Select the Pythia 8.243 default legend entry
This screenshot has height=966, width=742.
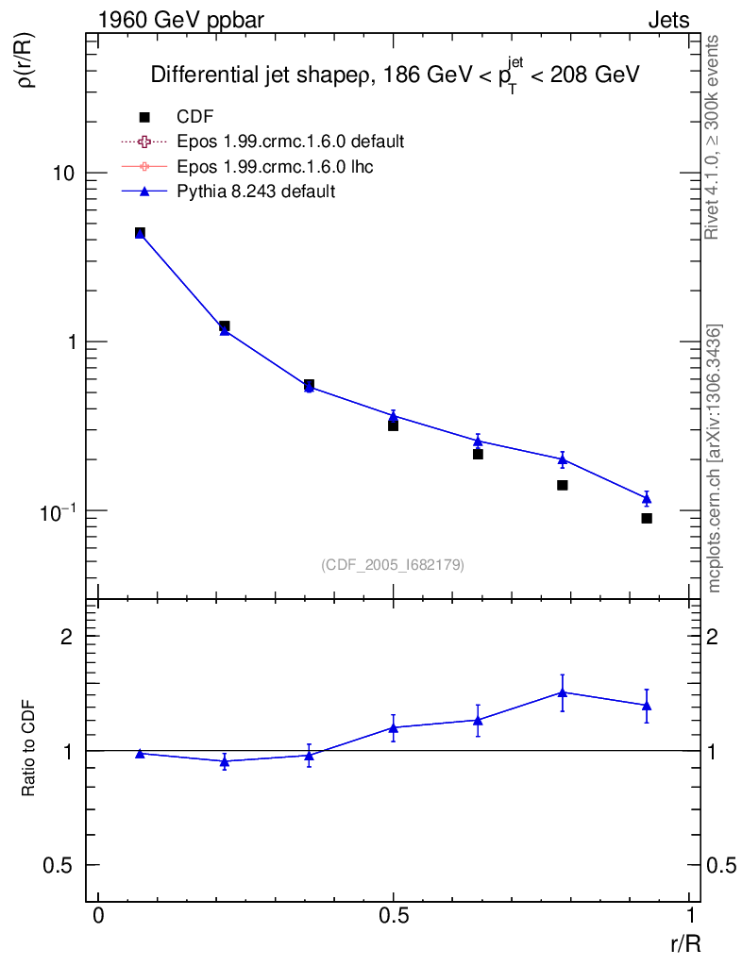point(255,192)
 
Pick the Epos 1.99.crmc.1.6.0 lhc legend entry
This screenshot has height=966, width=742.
point(281,167)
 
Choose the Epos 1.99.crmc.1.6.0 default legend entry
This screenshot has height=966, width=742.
point(290,142)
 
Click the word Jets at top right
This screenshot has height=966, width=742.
point(667,20)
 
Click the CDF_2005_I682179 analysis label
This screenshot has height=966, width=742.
point(393,564)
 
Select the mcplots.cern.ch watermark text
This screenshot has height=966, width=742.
point(715,458)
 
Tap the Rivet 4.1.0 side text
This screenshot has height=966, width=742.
point(714,138)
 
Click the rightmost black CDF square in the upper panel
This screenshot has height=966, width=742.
point(647,518)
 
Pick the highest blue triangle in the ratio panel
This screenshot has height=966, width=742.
point(563,691)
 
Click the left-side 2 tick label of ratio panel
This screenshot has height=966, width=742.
point(67,637)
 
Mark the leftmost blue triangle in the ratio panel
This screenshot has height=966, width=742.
point(140,753)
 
